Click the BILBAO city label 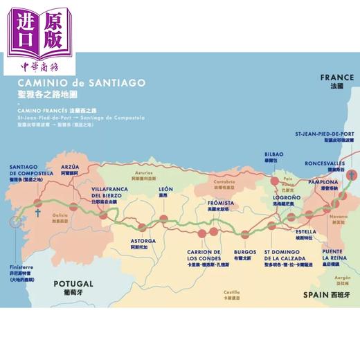[x=274, y=154]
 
